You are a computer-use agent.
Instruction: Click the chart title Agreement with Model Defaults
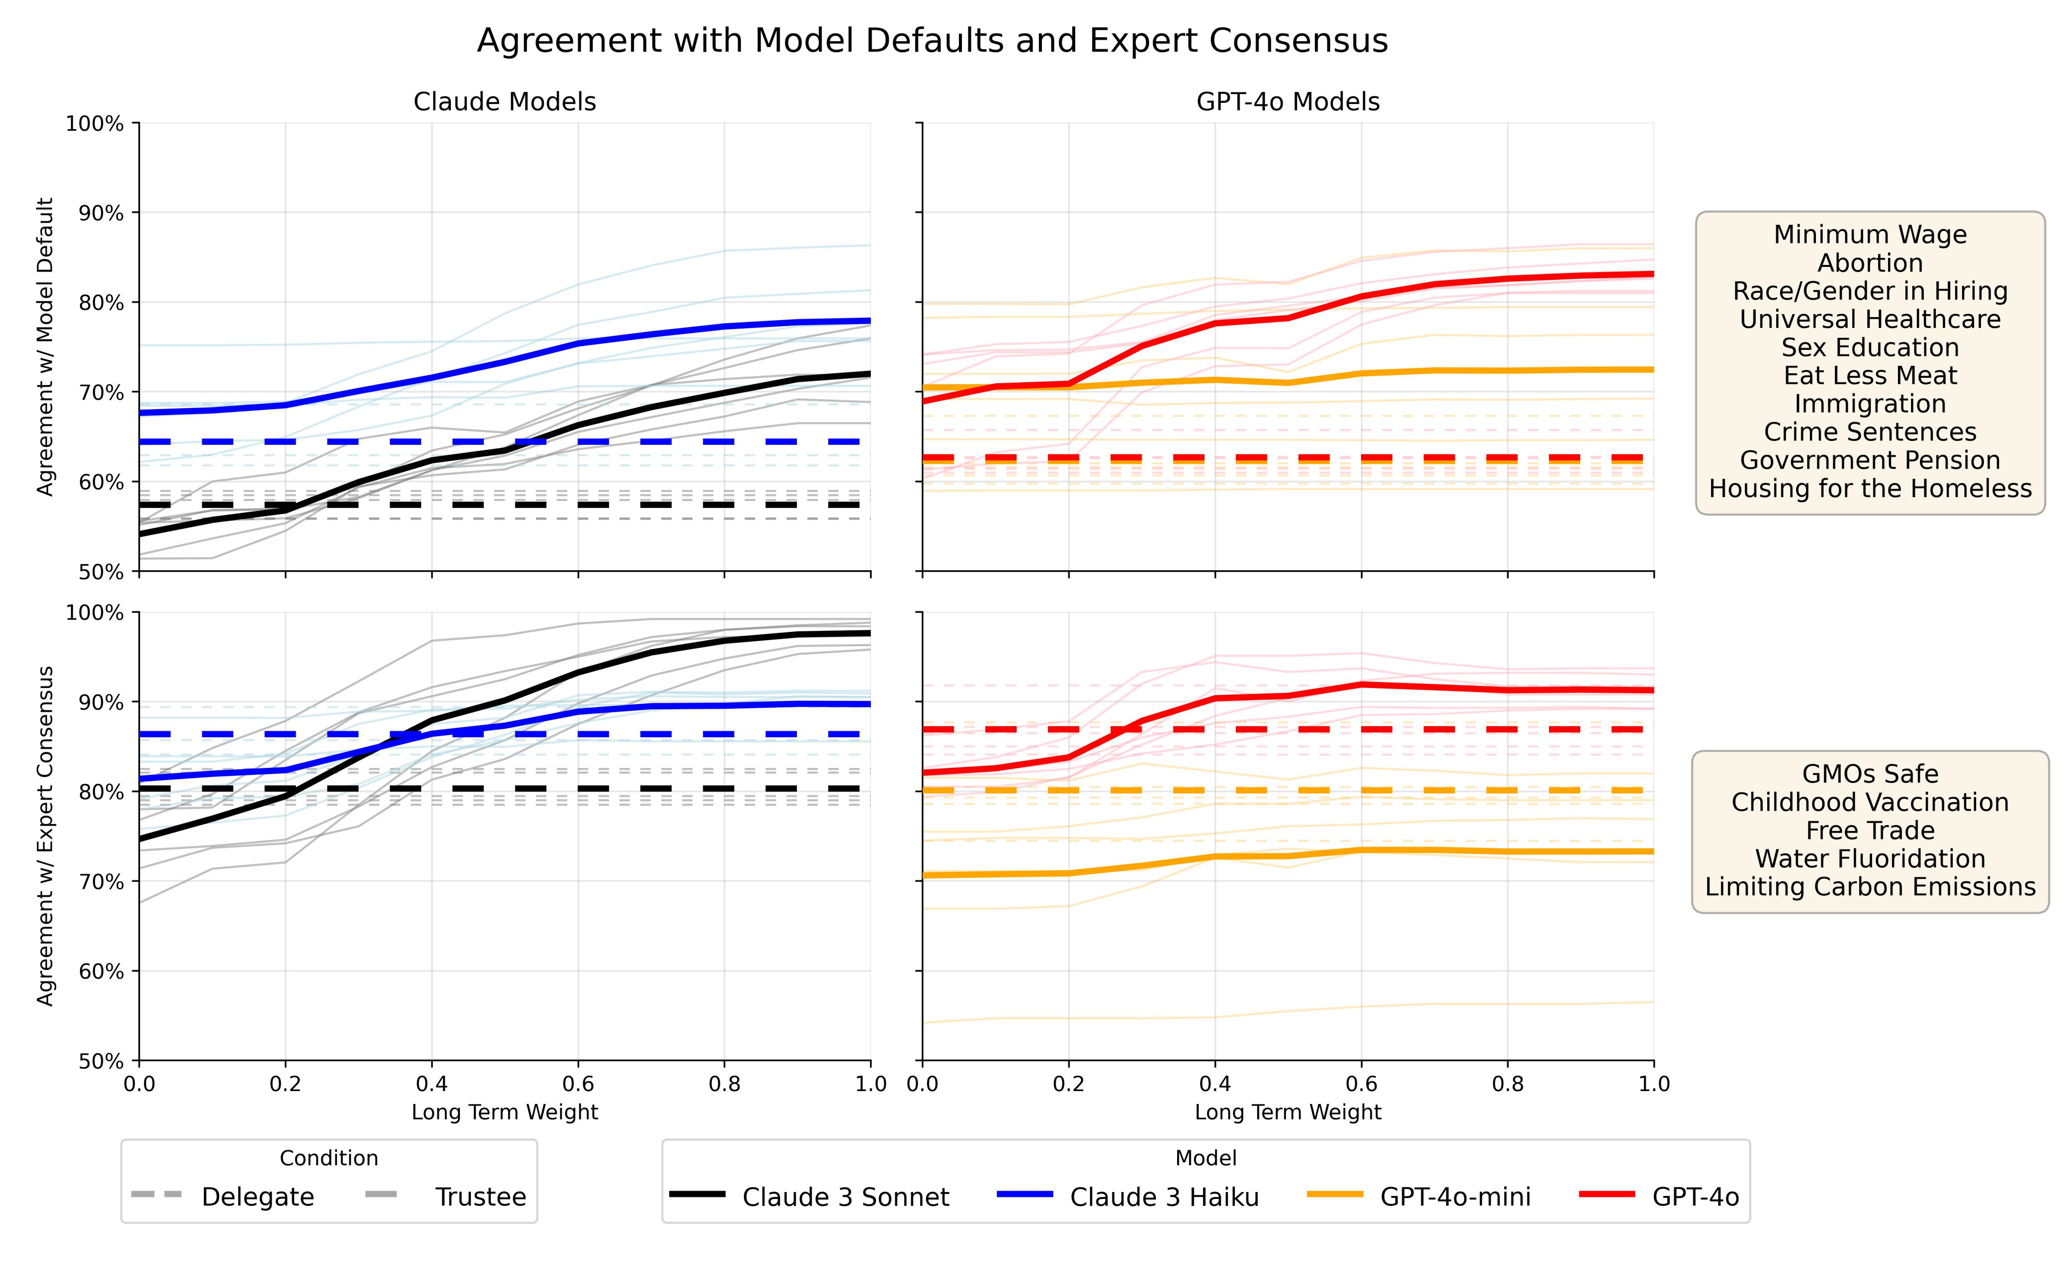point(932,41)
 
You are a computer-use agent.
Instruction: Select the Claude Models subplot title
point(504,102)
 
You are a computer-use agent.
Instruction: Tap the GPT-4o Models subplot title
point(1288,102)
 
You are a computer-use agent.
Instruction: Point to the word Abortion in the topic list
point(1870,262)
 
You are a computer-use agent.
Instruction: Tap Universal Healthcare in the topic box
point(1870,319)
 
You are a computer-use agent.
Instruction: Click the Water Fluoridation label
point(1870,858)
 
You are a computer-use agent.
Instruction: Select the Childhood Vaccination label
point(1870,801)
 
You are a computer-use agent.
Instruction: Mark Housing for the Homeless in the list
point(1870,488)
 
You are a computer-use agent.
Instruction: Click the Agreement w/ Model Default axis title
point(46,346)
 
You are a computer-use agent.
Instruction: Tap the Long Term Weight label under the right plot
point(1288,1112)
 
